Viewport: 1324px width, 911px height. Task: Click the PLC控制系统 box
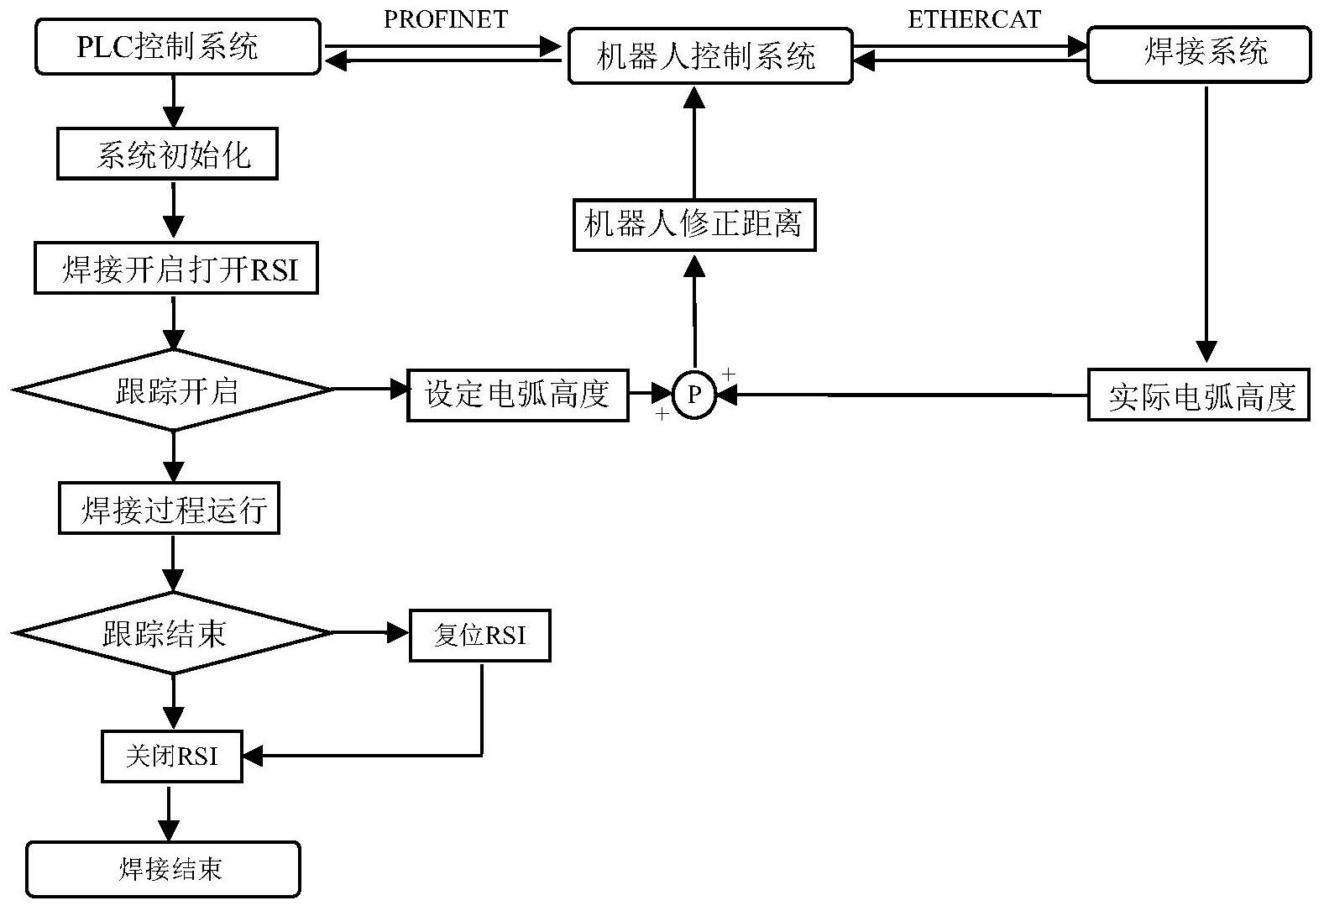click(177, 48)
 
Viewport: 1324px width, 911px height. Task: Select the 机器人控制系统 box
click(709, 56)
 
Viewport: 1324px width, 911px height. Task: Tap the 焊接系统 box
click(1198, 55)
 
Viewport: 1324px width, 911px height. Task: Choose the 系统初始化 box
click(167, 154)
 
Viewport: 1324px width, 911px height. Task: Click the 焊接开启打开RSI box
click(175, 270)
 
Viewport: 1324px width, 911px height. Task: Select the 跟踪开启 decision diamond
click(174, 390)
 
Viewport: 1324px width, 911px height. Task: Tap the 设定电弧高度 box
click(517, 394)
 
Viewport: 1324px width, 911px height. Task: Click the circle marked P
click(694, 395)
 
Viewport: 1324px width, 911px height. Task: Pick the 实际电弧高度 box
click(1198, 395)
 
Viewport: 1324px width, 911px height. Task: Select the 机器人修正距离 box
click(693, 224)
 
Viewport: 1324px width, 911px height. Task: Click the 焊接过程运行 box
click(169, 509)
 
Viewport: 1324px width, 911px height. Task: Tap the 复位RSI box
click(479, 635)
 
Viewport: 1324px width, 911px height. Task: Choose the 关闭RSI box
click(171, 757)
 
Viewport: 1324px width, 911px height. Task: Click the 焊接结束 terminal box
click(164, 869)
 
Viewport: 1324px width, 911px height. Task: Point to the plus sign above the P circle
click(728, 373)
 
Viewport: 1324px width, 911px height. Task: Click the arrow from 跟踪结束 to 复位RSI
click(370, 633)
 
